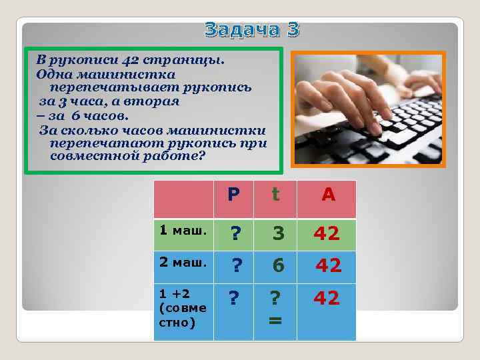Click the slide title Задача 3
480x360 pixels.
pyautogui.click(x=252, y=29)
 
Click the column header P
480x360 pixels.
pyautogui.click(x=233, y=195)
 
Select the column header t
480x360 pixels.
pyautogui.click(x=275, y=194)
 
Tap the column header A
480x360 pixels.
pyautogui.click(x=328, y=195)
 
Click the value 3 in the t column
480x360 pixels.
pyautogui.click(x=279, y=233)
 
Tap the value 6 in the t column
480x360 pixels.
pyautogui.click(x=279, y=266)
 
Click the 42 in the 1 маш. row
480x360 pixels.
pyautogui.click(x=327, y=233)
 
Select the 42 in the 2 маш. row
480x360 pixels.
pyautogui.click(x=328, y=266)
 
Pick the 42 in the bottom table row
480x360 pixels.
pyautogui.click(x=327, y=298)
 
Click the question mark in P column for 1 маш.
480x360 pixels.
pyautogui.click(x=235, y=233)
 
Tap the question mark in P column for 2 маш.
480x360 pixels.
pyautogui.click(x=236, y=266)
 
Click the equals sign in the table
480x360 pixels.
pyautogui.click(x=274, y=320)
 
